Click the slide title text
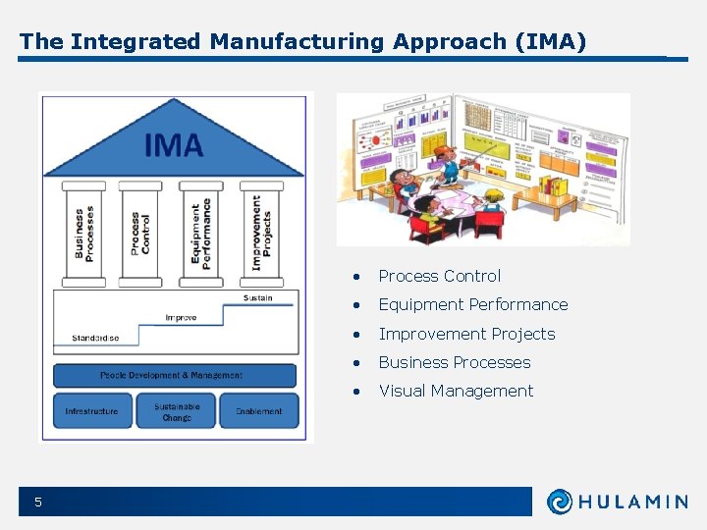(x=302, y=41)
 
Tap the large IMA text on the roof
(x=174, y=146)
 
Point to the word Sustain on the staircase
(x=257, y=297)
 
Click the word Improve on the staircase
(x=181, y=318)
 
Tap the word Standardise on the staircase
(x=95, y=338)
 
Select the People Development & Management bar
(x=173, y=375)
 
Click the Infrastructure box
(x=91, y=411)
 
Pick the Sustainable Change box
(x=177, y=411)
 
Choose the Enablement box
(x=258, y=411)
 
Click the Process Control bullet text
(x=439, y=276)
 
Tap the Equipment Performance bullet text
(x=472, y=304)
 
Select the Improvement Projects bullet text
(x=466, y=334)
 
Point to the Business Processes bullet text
(x=454, y=362)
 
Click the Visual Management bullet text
(x=456, y=391)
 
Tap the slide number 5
(x=38, y=503)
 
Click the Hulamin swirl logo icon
(x=560, y=502)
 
